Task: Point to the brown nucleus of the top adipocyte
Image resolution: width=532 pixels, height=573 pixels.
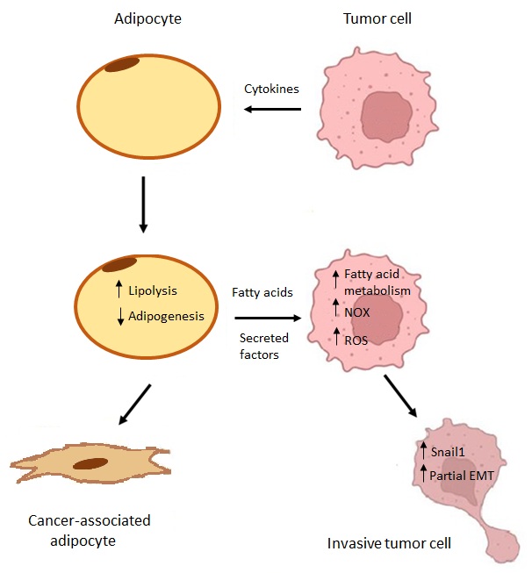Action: pos(122,64)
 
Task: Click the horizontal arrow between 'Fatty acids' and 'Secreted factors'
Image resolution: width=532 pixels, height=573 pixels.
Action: pos(270,319)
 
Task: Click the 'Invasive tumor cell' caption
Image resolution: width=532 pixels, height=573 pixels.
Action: pos(389,543)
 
